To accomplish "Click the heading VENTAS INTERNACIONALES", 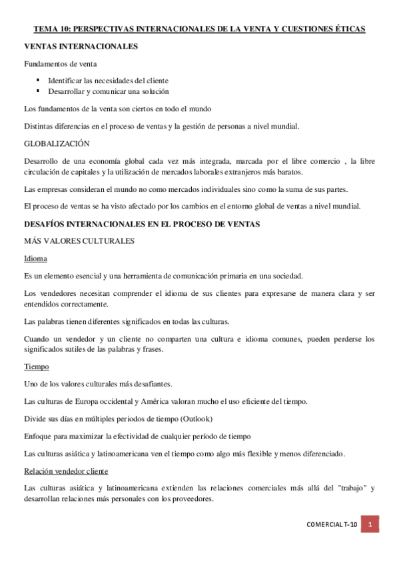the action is pos(81,47).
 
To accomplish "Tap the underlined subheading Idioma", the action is pos(35,258).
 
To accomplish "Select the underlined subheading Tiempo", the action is pos(36,366).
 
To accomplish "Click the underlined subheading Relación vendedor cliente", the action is pos(66,470).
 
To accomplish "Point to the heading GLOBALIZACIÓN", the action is pos(57,143).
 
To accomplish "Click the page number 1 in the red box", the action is pos(370,525).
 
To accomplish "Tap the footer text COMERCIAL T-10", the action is pos(332,525).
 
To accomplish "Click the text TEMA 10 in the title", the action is pos(51,29).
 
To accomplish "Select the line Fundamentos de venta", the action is pos(60,64).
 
